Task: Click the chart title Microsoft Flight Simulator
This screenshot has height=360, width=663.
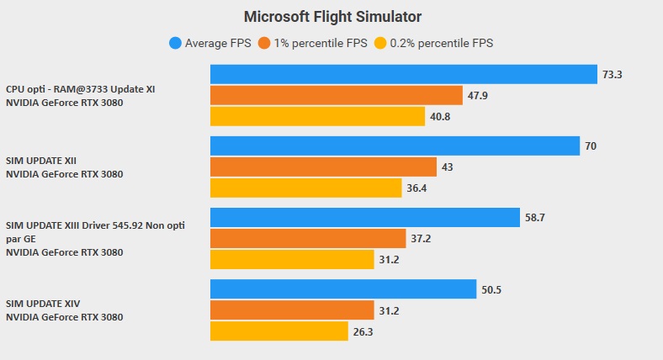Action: [332, 16]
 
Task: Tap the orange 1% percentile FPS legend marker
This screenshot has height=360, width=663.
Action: [265, 43]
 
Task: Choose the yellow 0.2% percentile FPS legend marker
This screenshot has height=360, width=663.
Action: [380, 43]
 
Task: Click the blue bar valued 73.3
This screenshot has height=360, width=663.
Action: [404, 75]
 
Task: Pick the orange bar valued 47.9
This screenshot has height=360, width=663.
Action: [337, 95]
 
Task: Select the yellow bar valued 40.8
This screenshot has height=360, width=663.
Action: [317, 116]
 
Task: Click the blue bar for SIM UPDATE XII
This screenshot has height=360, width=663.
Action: [395, 146]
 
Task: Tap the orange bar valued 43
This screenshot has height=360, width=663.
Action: [323, 167]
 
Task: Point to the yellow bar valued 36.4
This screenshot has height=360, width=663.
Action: [305, 188]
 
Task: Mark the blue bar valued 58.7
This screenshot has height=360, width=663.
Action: [365, 218]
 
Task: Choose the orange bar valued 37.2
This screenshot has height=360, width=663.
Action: [308, 239]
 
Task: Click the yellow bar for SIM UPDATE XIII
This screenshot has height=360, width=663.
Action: [292, 260]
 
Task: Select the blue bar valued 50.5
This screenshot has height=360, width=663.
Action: [343, 289]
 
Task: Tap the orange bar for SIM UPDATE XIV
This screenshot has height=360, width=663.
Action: [292, 310]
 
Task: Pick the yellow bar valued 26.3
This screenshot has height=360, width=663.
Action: [279, 331]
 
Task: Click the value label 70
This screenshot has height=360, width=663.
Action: [591, 146]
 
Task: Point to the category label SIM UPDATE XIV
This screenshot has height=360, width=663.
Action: [43, 304]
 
